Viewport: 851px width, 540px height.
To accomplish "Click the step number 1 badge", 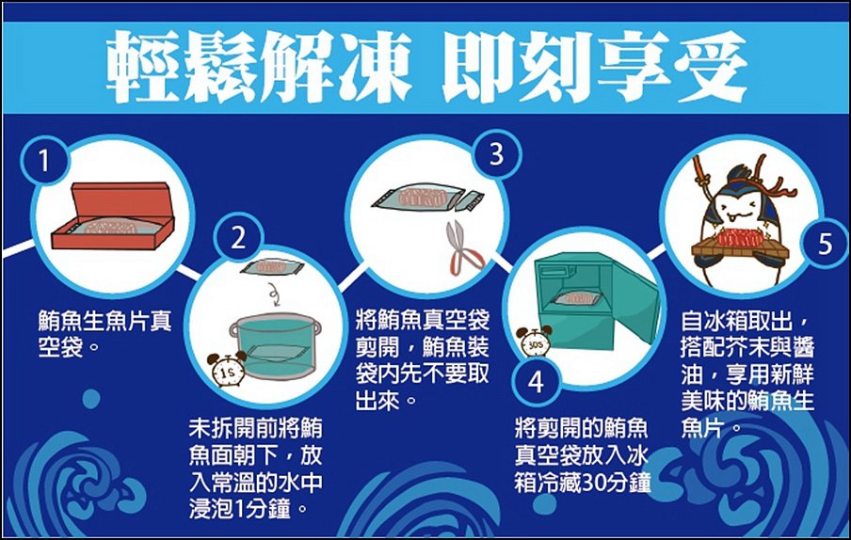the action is [x=44, y=161].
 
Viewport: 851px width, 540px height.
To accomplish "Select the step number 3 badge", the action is [x=497, y=154].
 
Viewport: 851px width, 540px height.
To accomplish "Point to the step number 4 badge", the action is [x=536, y=382].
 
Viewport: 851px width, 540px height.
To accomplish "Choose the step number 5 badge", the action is [x=825, y=244].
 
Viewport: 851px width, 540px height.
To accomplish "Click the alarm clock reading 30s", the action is [x=534, y=341].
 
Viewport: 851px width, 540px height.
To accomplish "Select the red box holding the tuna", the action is [x=113, y=215].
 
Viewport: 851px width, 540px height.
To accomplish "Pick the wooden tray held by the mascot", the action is [x=740, y=247].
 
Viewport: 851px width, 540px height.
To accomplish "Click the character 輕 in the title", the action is [x=141, y=67].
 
